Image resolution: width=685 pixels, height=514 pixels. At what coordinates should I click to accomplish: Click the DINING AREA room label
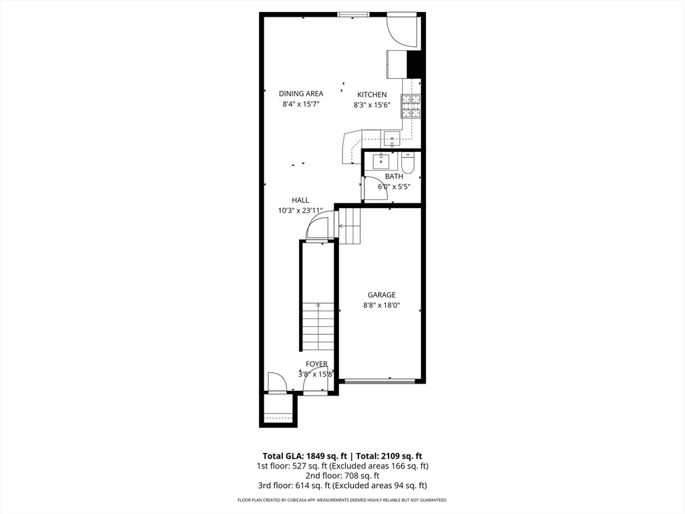[301, 94]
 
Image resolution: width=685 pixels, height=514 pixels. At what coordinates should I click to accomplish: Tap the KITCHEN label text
[372, 95]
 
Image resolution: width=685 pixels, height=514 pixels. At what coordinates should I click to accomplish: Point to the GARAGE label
[381, 294]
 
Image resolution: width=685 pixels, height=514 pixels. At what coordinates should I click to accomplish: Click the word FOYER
[317, 364]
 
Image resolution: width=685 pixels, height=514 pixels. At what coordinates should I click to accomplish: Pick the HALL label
[300, 200]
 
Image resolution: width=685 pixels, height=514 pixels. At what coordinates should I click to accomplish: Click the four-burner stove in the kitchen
[411, 106]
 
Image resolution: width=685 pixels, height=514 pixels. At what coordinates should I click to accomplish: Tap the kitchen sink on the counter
[391, 140]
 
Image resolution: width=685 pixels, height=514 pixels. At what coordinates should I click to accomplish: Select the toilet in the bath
[409, 163]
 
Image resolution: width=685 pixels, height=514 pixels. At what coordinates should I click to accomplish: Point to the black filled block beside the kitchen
[415, 64]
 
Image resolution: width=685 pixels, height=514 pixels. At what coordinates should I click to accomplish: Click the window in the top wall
[353, 14]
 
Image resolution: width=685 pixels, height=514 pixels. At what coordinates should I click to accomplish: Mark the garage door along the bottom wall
[379, 381]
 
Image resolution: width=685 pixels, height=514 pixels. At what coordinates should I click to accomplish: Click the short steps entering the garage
[350, 226]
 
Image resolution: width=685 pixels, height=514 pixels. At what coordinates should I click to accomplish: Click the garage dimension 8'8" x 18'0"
[381, 306]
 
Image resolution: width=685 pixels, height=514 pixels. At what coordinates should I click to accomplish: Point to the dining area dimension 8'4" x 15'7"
[301, 104]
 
